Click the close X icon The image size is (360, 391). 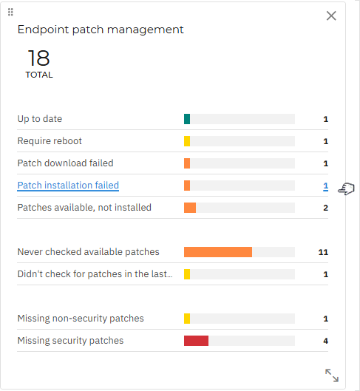[x=331, y=16]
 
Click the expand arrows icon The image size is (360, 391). [x=332, y=375]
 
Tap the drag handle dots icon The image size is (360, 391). [x=10, y=12]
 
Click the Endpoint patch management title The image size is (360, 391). [x=101, y=30]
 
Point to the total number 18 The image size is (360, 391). [x=39, y=58]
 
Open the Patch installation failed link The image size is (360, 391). [x=68, y=186]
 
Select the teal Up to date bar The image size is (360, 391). [x=187, y=119]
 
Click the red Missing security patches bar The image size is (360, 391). [x=196, y=341]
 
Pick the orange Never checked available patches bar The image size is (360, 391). [x=218, y=252]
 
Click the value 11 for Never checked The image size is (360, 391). [x=323, y=252]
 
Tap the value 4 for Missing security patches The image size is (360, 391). [x=325, y=341]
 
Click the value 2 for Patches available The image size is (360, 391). [x=325, y=208]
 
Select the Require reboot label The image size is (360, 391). [x=50, y=141]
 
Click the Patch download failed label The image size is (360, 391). [x=65, y=163]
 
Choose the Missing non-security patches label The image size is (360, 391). [x=81, y=319]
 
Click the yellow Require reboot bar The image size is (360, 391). [x=187, y=141]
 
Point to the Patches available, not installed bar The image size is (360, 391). [x=190, y=208]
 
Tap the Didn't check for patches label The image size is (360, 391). [x=95, y=274]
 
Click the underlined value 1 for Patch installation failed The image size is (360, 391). [x=325, y=186]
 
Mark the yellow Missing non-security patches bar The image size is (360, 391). [x=187, y=319]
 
